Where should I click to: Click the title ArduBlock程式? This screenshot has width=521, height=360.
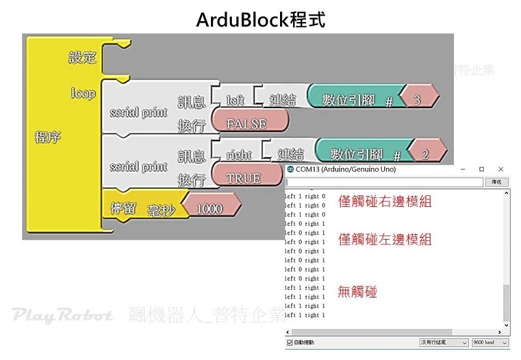click(260, 19)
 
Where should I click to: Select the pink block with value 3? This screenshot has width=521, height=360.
click(417, 100)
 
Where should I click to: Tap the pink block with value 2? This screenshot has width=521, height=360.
click(425, 154)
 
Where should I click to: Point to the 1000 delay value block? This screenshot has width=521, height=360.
click(209, 208)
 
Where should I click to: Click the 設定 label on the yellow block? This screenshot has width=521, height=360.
click(83, 57)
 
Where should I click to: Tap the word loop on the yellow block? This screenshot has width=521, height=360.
click(83, 94)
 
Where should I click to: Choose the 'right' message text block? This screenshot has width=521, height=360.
click(239, 155)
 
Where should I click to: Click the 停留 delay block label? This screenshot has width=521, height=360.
click(124, 208)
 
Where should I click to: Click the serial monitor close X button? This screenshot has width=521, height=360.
click(501, 169)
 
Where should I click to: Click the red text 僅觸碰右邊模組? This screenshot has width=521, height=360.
click(385, 202)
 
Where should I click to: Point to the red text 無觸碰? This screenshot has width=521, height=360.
click(358, 292)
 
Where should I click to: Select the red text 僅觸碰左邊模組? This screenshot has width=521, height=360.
click(385, 240)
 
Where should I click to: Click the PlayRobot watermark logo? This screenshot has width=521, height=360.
click(63, 316)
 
